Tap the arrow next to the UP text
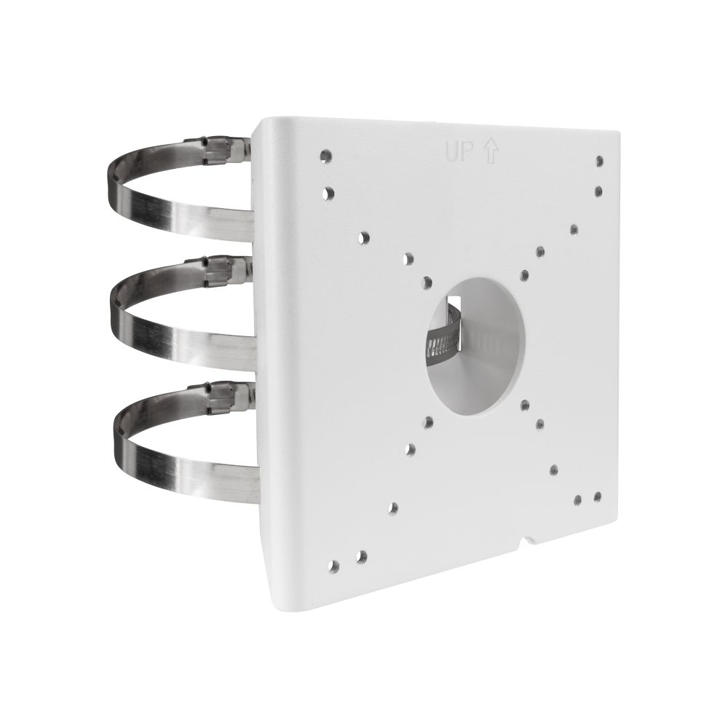click(x=489, y=151)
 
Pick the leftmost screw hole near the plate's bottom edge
click(x=334, y=565)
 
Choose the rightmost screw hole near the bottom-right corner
click(x=597, y=496)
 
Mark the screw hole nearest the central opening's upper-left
click(x=427, y=282)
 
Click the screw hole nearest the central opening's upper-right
click(x=524, y=274)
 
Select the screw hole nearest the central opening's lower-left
click(x=428, y=421)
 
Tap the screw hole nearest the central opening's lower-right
click(x=539, y=422)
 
